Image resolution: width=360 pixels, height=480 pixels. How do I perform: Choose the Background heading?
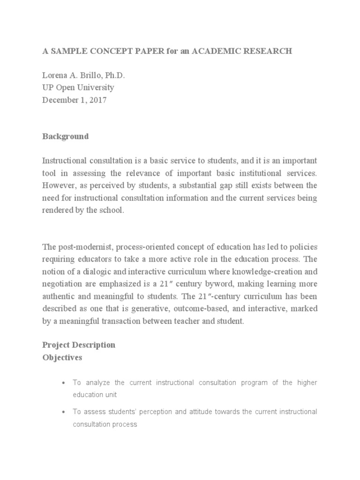click(65, 136)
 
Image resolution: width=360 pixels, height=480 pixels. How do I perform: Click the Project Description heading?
click(78, 345)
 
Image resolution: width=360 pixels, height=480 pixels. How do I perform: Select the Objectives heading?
click(62, 357)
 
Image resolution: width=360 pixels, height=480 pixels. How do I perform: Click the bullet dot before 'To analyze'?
click(63, 383)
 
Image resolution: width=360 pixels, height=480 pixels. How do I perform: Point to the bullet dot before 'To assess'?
click(63, 412)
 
